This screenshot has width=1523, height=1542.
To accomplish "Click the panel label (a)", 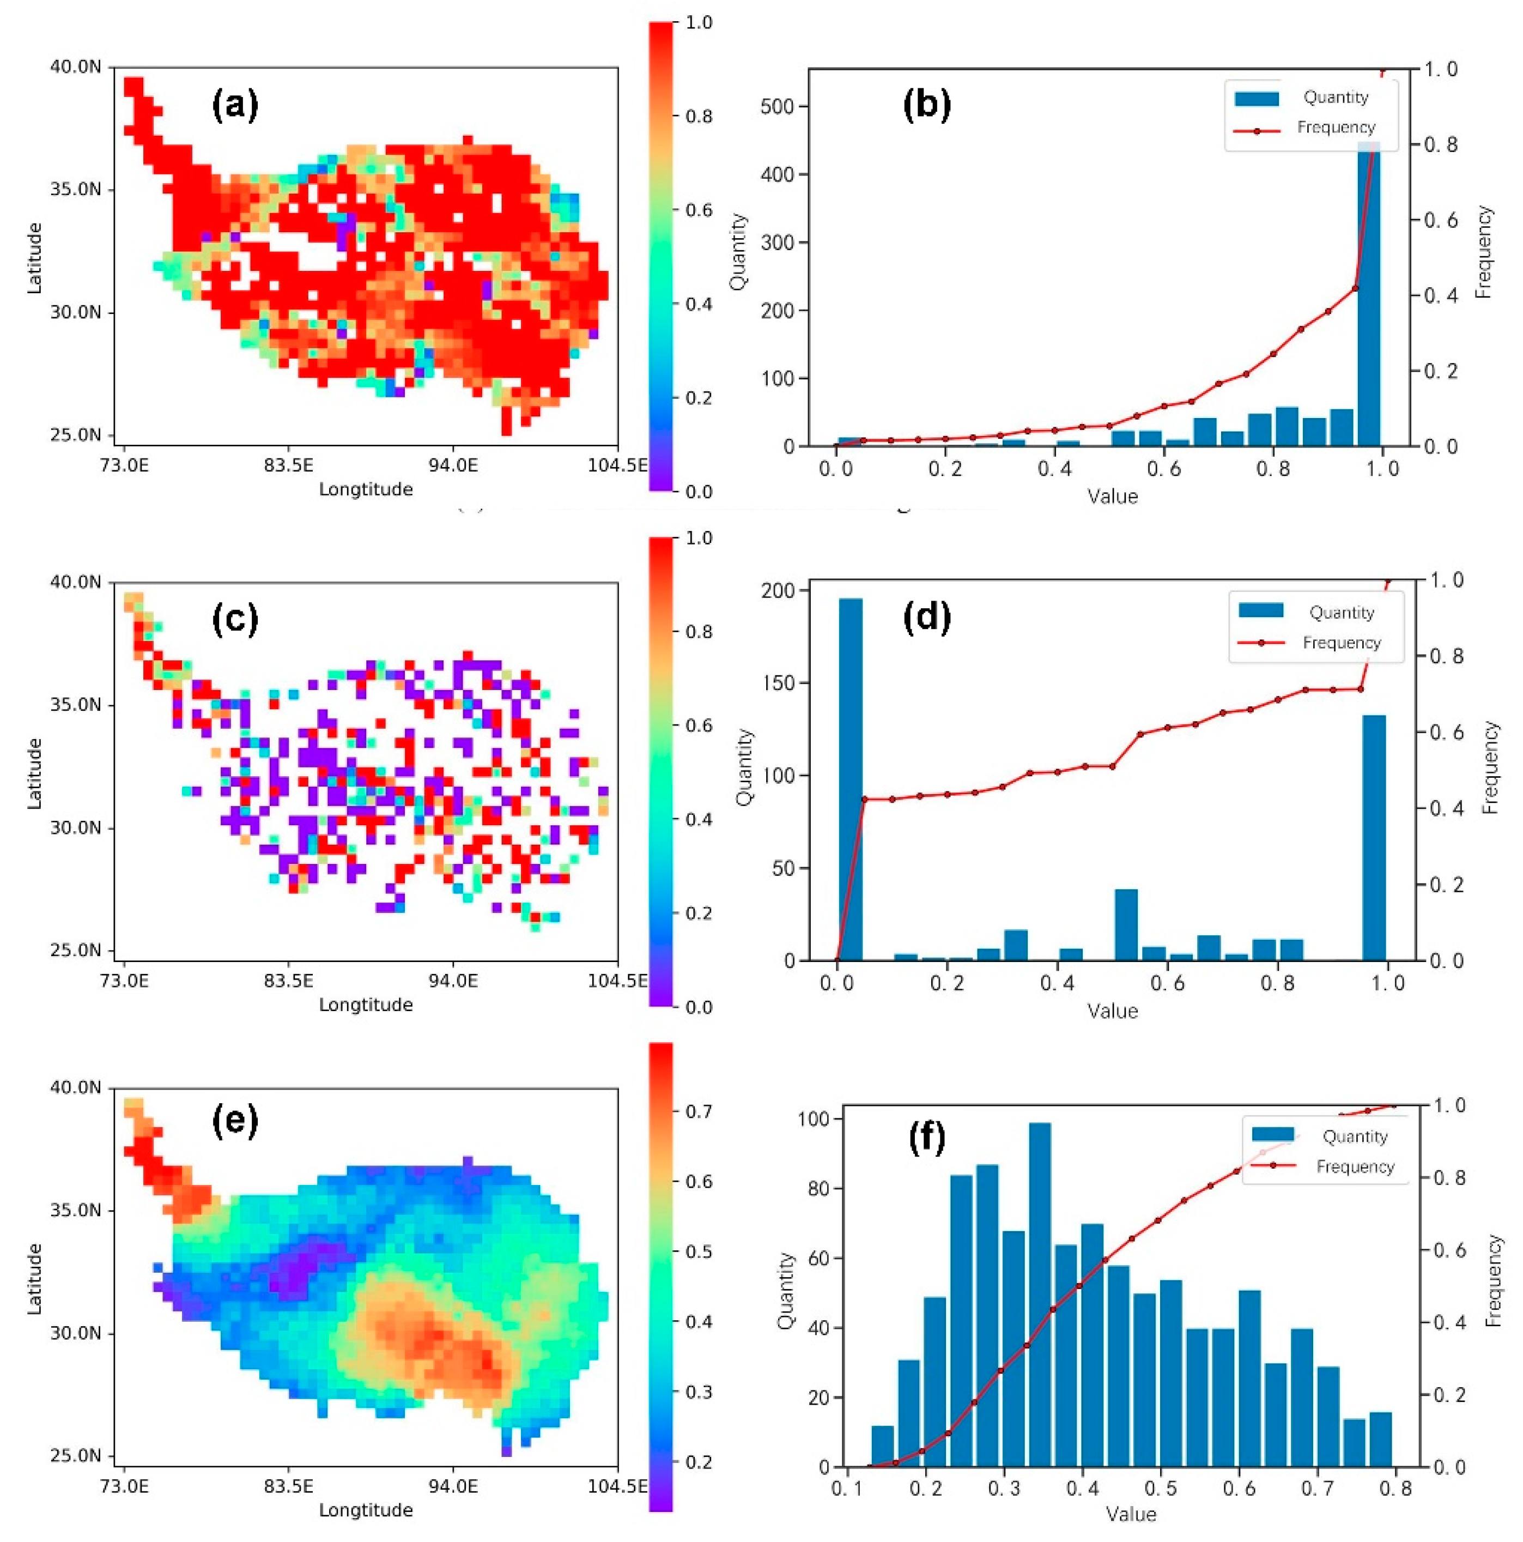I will [x=234, y=105].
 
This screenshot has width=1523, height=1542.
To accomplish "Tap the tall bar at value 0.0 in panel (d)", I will [x=851, y=778].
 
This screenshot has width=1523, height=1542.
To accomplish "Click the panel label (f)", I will [x=927, y=1138].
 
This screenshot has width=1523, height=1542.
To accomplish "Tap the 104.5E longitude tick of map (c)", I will [x=617, y=979].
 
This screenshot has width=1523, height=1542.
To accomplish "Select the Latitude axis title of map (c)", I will [x=34, y=772].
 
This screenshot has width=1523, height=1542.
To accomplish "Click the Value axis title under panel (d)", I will [x=1112, y=1011].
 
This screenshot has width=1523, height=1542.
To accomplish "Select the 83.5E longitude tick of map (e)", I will [x=288, y=1485].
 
